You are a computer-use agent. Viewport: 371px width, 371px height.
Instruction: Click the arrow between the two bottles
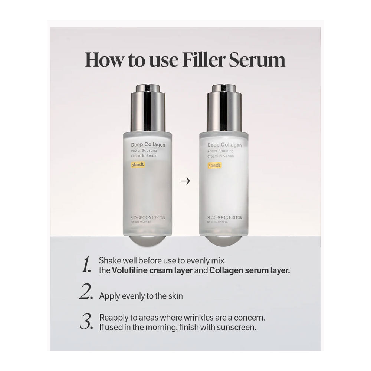coord(185,181)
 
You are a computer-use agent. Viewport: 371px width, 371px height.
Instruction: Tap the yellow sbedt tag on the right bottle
coord(214,165)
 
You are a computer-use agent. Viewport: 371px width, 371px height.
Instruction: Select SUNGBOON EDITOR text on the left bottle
coord(148,217)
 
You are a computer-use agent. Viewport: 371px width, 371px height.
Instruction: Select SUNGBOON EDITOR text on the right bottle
coord(224,217)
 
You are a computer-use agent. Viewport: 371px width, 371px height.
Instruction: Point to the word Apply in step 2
coord(108,296)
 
